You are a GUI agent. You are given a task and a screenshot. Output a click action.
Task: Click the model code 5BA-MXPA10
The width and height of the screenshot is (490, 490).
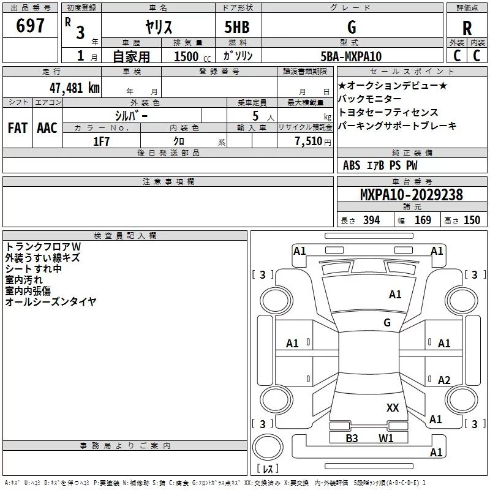pyautogui.click(x=350, y=56)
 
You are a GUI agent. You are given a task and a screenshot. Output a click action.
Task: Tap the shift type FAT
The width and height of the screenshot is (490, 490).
pyautogui.click(x=17, y=127)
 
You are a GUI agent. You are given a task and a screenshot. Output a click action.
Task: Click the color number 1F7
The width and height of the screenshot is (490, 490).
pyautogui.click(x=102, y=141)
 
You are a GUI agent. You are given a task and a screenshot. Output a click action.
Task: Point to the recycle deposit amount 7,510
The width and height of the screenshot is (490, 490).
pyautogui.click(x=309, y=141)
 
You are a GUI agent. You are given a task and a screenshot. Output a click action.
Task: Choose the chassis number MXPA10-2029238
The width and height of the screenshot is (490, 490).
pyautogui.click(x=411, y=195)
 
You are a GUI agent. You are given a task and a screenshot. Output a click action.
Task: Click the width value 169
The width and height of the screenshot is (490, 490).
pyautogui.click(x=423, y=220)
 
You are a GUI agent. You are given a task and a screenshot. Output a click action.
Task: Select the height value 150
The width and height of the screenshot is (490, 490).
pyautogui.click(x=472, y=220)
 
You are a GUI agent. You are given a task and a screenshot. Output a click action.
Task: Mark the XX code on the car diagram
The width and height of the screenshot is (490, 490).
pyautogui.click(x=393, y=407)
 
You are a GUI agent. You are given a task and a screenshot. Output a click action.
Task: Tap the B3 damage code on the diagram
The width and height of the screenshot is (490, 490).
pyautogui.click(x=352, y=438)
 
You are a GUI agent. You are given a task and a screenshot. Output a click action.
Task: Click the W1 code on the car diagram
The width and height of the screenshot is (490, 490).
pyautogui.click(x=386, y=438)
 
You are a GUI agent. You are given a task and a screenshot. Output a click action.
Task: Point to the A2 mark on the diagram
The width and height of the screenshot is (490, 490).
pyautogui.click(x=444, y=380)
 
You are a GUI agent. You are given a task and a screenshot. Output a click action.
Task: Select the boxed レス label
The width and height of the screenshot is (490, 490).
pyautogui.click(x=267, y=469)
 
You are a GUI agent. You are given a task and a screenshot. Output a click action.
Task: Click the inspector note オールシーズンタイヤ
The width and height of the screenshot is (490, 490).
pyautogui.click(x=51, y=301)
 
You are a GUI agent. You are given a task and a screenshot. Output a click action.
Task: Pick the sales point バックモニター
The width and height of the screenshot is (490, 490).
pyautogui.click(x=370, y=99)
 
